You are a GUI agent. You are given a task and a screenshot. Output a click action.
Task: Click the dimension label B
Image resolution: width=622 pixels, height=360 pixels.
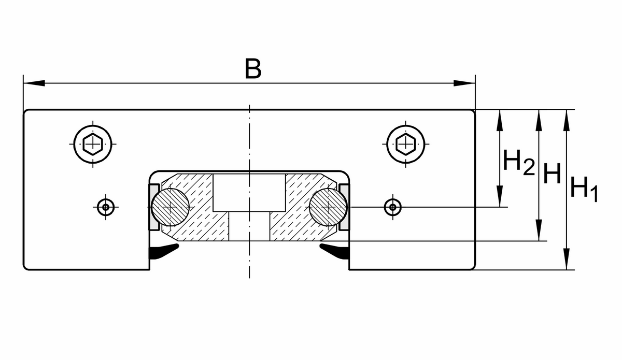pyautogui.click(x=252, y=69)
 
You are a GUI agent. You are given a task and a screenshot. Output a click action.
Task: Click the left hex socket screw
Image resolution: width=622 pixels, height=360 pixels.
pyautogui.click(x=93, y=143)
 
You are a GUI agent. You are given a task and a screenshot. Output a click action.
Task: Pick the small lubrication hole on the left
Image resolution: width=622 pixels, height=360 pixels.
pyautogui.click(x=106, y=207)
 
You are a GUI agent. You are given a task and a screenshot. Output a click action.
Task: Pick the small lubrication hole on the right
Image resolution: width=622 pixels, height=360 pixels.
pyautogui.click(x=393, y=207)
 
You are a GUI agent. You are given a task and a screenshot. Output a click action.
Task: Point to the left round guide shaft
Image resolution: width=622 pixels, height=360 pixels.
pyautogui.click(x=170, y=207)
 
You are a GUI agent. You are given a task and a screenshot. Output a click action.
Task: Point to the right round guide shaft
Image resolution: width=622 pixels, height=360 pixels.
pyautogui.click(x=328, y=207)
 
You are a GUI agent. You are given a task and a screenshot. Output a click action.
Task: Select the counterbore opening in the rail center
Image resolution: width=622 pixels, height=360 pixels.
pyautogui.click(x=249, y=192)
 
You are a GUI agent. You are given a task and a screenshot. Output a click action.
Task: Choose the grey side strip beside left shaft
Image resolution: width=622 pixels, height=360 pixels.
pyautogui.click(x=154, y=207)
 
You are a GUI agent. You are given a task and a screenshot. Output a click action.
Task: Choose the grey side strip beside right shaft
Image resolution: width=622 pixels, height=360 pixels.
pyautogui.click(x=344, y=207)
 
